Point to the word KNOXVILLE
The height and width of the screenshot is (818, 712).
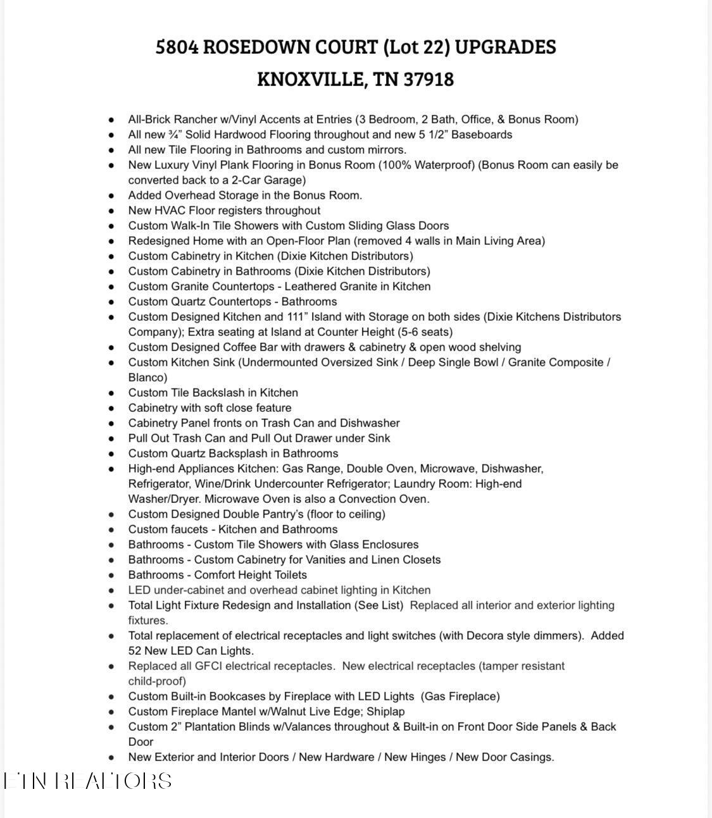(x=311, y=80)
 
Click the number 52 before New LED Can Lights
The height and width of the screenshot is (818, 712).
(x=135, y=651)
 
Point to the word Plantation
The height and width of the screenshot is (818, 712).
(x=205, y=727)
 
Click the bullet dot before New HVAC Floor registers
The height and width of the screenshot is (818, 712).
(x=112, y=211)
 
